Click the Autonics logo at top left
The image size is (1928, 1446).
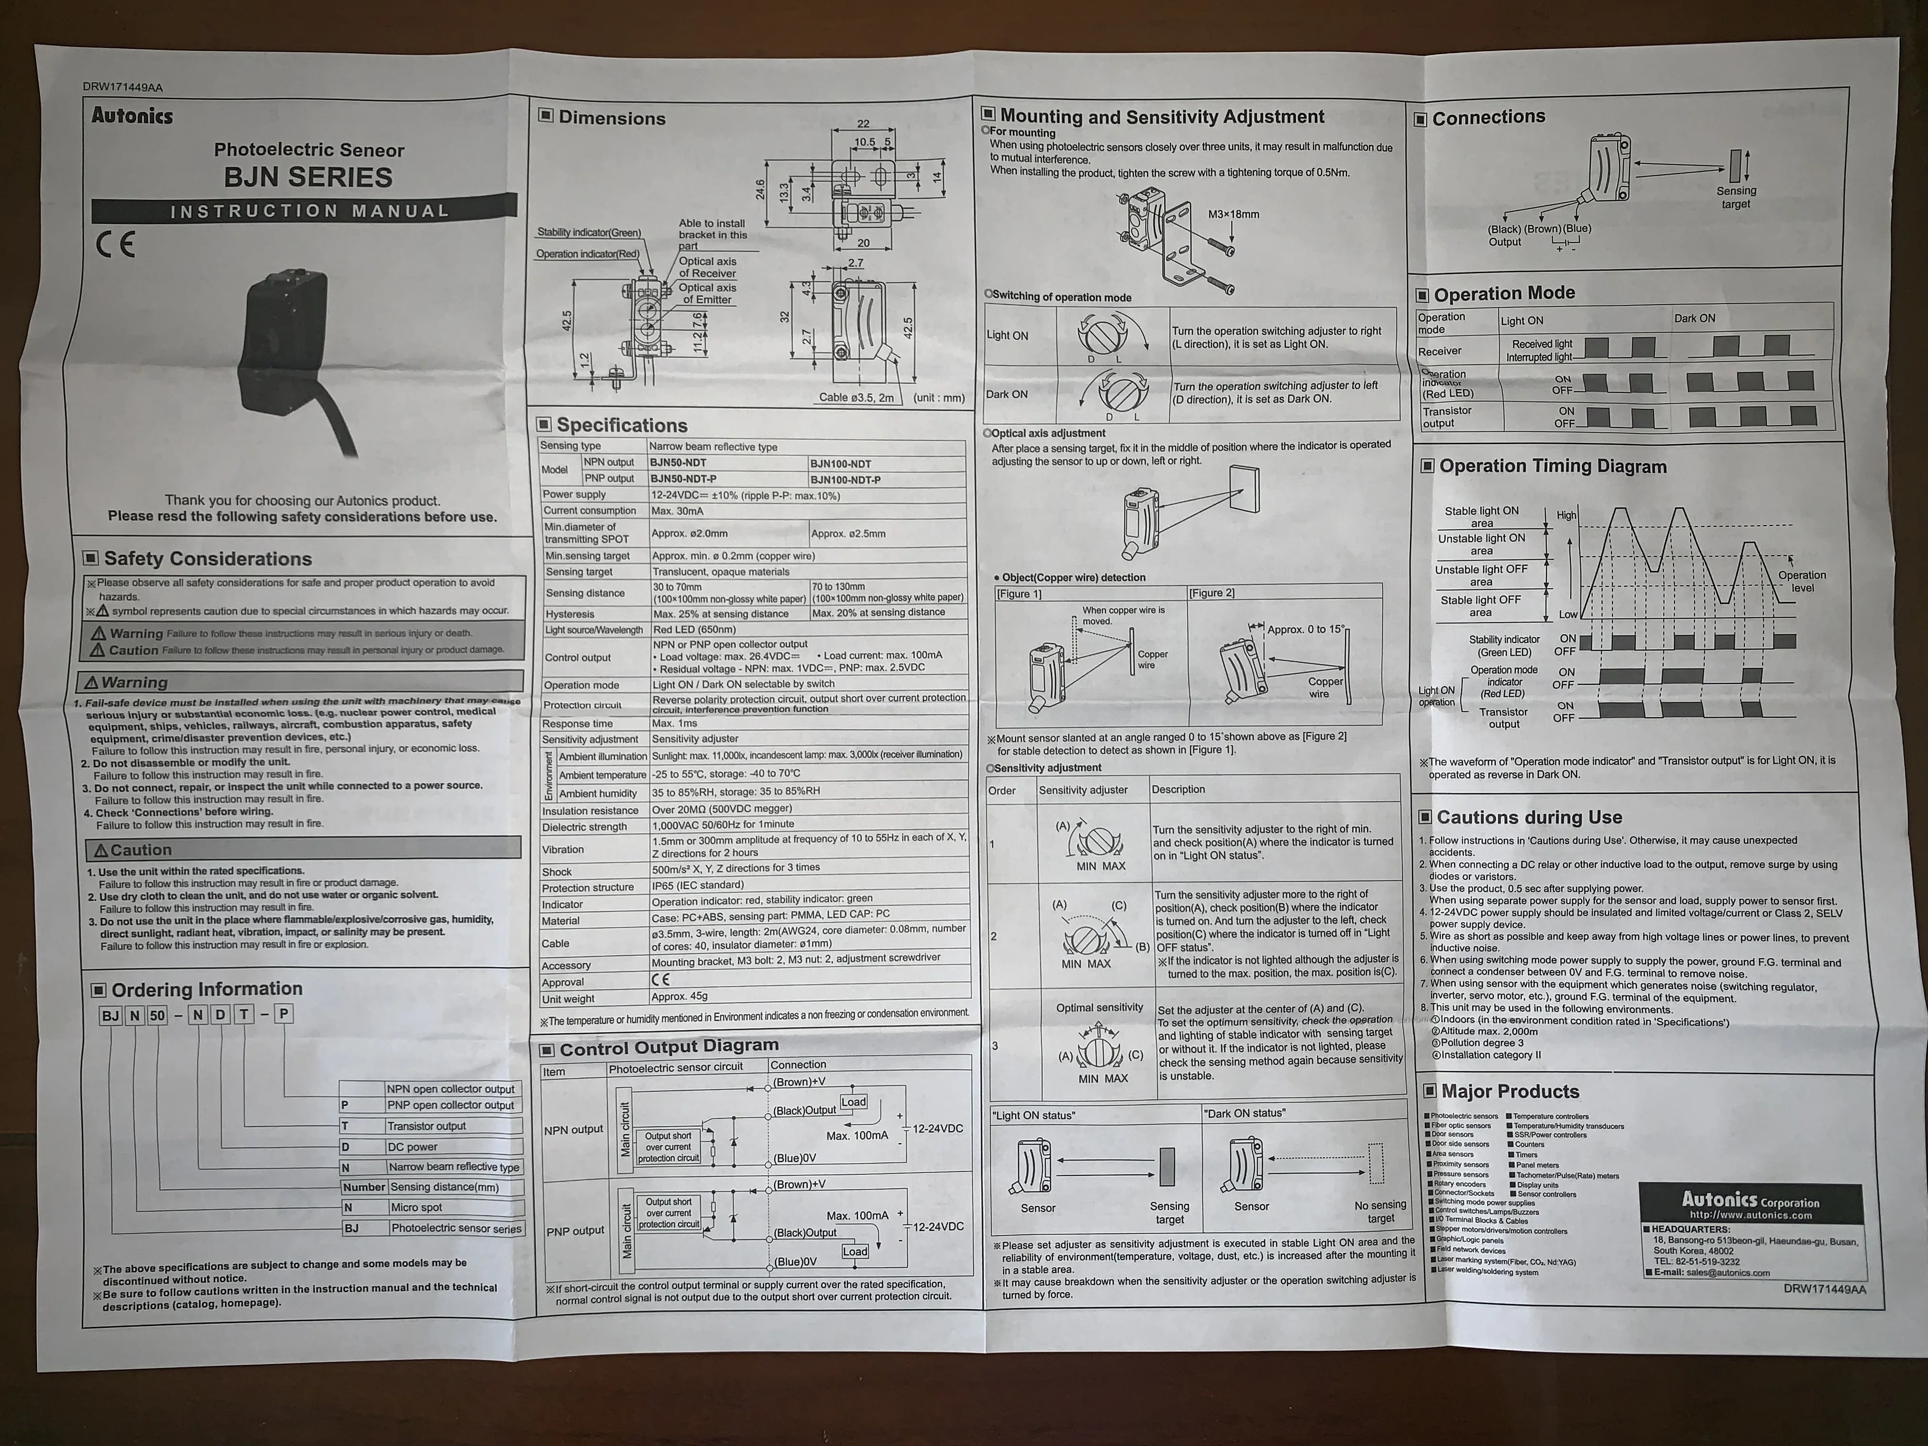pos(132,116)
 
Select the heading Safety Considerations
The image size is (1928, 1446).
pos(208,559)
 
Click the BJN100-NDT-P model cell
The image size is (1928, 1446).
pos(845,480)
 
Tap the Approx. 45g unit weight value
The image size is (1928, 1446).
pos(680,996)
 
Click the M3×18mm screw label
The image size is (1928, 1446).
pos(1233,214)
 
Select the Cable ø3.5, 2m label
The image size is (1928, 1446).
pos(856,397)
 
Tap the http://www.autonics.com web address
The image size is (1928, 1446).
pos(1750,1215)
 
